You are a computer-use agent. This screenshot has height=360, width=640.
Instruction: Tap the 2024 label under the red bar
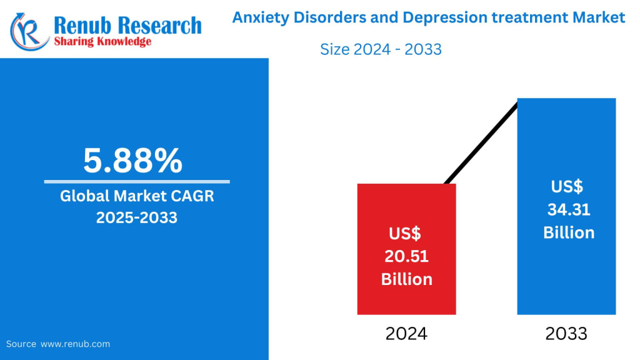coord(406,334)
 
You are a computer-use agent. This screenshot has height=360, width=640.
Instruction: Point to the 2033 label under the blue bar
coord(566,334)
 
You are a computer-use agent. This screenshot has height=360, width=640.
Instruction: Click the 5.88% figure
coord(133,161)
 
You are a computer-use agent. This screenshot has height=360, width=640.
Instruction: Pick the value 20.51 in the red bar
coord(407,256)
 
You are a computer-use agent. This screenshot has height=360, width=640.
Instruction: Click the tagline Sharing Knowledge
coord(102,41)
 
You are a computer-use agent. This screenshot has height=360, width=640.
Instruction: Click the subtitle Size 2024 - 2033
coord(381,49)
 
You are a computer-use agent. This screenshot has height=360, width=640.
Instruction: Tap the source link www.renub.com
coord(76,344)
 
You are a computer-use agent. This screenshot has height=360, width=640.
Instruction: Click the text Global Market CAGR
coord(137,196)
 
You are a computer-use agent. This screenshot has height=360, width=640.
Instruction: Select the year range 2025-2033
coord(136,217)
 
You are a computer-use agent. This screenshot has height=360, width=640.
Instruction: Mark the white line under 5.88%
coord(136,182)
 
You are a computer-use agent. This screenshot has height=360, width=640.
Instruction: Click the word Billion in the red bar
coord(407,279)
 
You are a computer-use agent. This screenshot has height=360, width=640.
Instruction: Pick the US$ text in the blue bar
coord(567,186)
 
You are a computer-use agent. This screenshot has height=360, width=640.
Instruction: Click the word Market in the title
coord(598,17)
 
